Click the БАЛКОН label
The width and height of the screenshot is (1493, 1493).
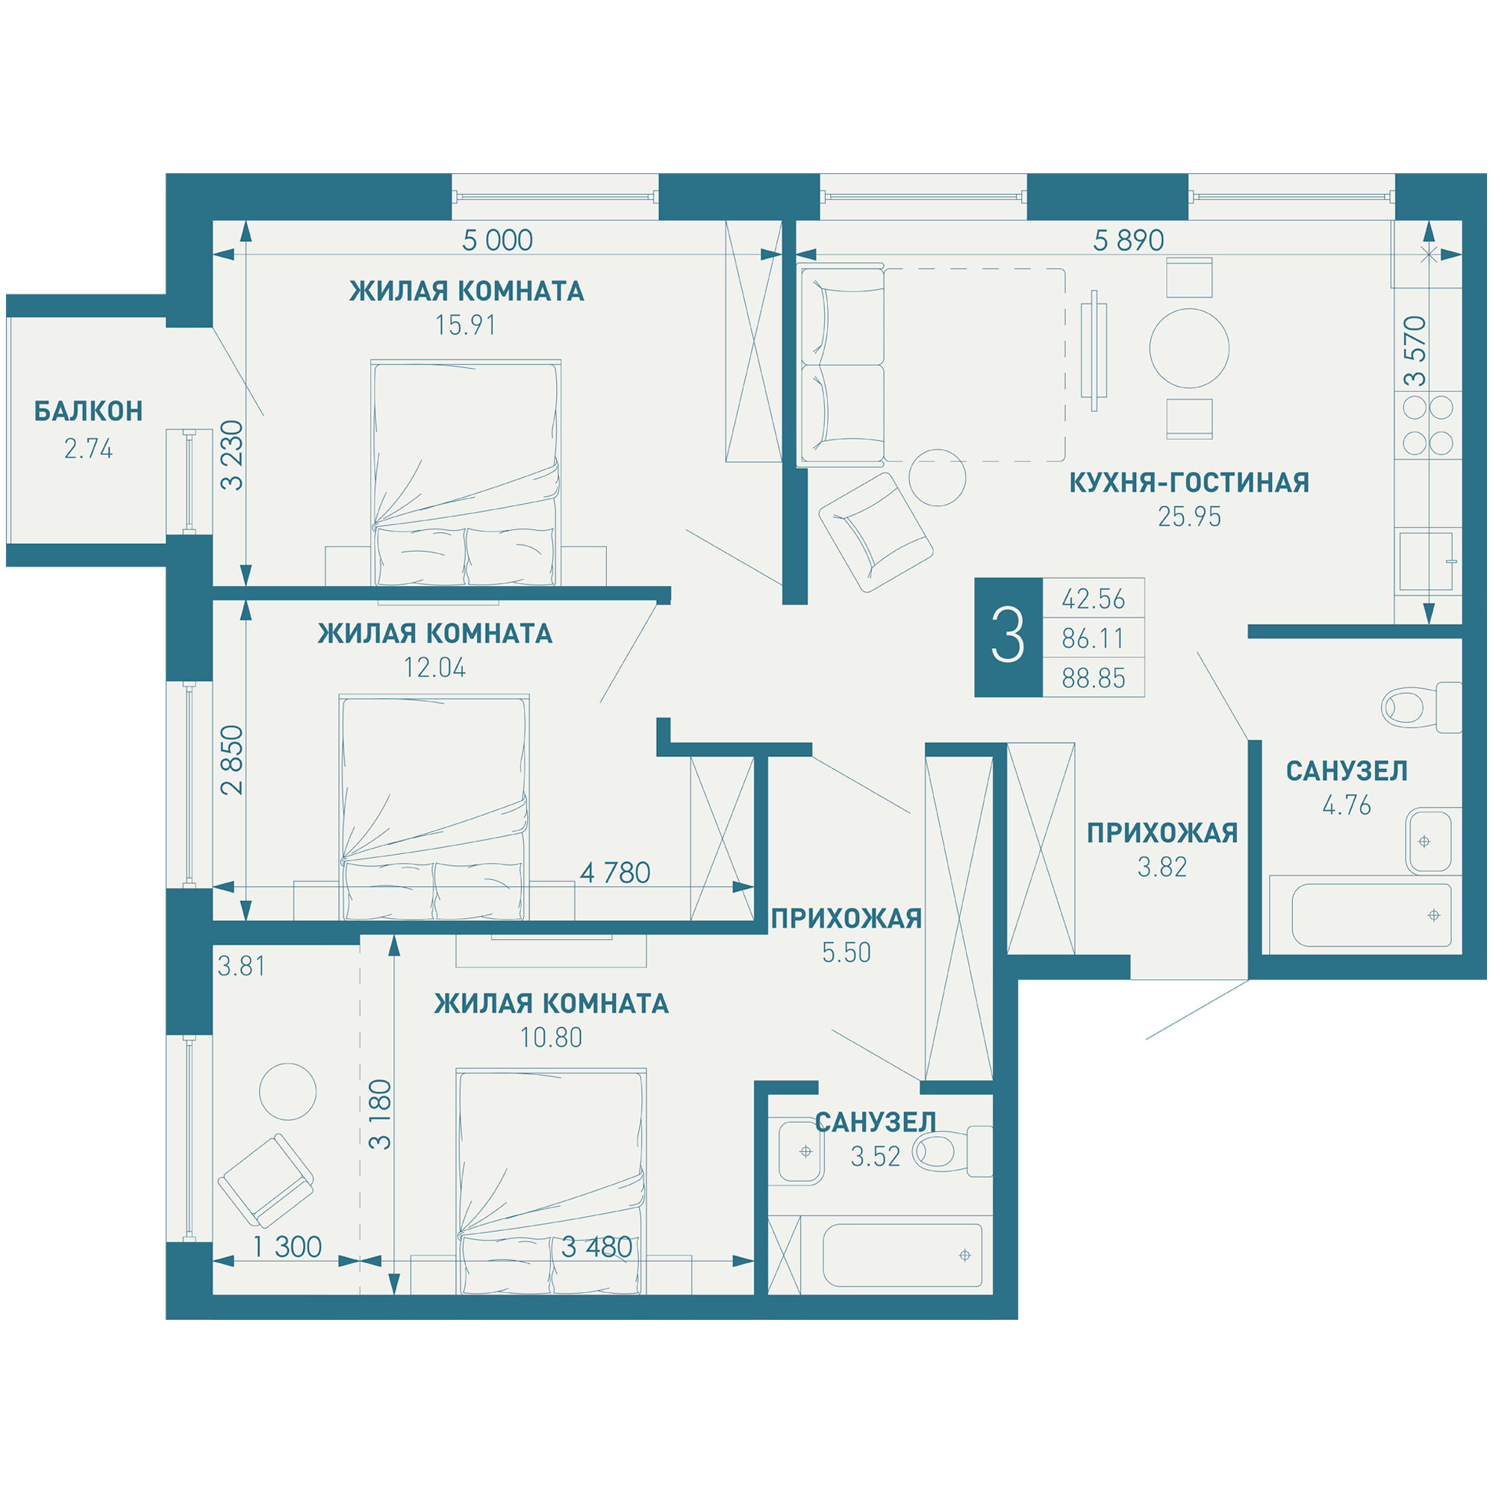88,411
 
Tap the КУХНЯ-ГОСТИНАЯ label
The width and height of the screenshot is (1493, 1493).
1189,483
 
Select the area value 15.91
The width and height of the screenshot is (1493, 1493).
465,325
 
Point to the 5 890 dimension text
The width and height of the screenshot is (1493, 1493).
1128,240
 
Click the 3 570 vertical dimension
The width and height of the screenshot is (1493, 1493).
1415,351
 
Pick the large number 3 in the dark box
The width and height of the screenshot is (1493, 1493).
1008,637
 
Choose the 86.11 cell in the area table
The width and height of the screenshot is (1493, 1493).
1094,638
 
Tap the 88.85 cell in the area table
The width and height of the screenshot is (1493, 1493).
1094,679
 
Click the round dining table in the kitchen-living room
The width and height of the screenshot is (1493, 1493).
1189,349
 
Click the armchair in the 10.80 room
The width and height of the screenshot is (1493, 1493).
266,1181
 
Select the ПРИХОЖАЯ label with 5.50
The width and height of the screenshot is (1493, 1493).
847,918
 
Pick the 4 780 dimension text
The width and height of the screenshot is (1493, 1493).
615,873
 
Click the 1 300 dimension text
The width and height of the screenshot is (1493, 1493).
287,1247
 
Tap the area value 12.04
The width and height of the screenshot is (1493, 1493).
435,667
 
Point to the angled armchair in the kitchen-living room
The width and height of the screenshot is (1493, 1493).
876,532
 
